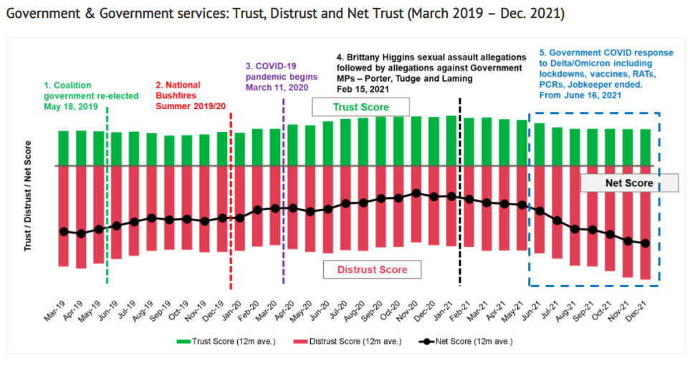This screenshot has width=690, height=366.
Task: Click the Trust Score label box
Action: click(360, 107)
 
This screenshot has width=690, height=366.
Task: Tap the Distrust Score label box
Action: click(371, 269)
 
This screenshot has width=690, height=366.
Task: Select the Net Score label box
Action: click(628, 183)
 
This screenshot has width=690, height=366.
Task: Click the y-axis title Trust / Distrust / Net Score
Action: click(28, 200)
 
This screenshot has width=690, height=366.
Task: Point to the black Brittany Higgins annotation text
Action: click(429, 72)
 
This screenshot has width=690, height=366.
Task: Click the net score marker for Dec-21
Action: click(645, 243)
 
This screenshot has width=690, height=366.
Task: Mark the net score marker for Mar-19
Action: click(64, 231)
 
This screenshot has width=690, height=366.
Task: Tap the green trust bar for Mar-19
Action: click(64, 148)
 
